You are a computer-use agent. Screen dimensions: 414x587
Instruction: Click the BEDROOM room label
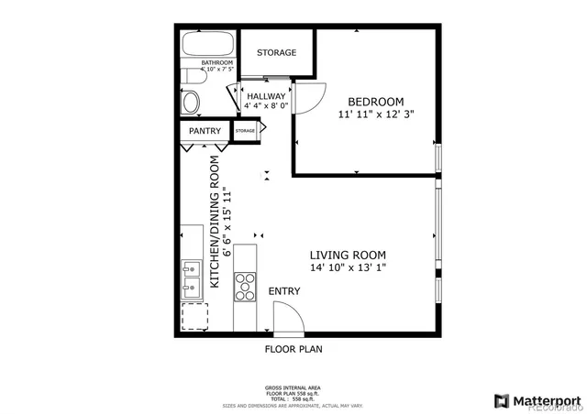tap(375, 101)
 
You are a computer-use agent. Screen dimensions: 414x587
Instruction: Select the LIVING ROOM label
tap(347, 256)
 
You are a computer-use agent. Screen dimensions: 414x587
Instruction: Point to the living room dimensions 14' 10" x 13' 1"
tap(347, 268)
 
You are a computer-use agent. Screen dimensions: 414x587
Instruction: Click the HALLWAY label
tap(265, 96)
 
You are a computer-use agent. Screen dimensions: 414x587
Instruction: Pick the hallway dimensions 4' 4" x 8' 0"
tap(265, 106)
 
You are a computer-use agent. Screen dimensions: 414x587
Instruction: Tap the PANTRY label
tap(205, 132)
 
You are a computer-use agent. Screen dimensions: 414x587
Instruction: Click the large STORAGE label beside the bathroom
tap(276, 53)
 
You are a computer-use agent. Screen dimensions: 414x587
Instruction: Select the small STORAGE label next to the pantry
tap(245, 132)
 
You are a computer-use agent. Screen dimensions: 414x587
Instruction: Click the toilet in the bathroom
tap(190, 101)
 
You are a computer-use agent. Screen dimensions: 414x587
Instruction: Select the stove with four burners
tap(246, 286)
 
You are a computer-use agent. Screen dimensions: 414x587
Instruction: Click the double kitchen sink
tap(192, 278)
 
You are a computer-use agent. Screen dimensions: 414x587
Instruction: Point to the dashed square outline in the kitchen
tap(194, 317)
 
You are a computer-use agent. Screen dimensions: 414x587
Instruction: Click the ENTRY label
tap(283, 291)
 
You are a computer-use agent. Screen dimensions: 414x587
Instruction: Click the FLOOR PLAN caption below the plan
tap(293, 349)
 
